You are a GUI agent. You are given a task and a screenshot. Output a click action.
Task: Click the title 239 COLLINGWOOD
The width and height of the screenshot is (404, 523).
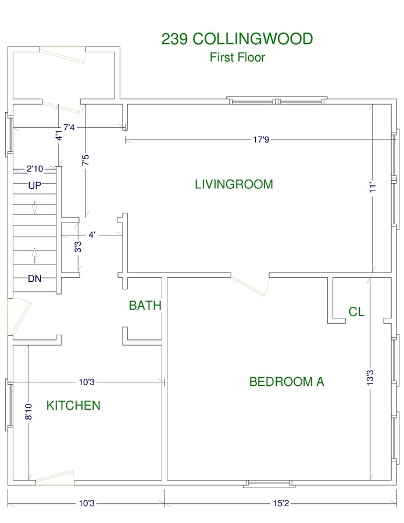[x=237, y=39]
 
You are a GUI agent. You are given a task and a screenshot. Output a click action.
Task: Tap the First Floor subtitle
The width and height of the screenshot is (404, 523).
[x=237, y=57]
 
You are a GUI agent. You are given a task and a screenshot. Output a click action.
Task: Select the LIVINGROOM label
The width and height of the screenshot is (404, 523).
[x=234, y=184]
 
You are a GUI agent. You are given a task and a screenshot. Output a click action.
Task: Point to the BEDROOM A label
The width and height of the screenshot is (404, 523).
[x=287, y=381]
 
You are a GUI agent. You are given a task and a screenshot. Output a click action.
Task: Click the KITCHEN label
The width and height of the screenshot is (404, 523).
[x=73, y=405]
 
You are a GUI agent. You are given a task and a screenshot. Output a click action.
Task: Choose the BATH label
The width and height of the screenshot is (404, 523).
[x=145, y=305]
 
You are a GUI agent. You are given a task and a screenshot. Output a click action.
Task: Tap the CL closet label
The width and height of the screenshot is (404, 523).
[x=356, y=311]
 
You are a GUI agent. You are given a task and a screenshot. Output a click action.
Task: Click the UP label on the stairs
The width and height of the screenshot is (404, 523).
[x=35, y=185]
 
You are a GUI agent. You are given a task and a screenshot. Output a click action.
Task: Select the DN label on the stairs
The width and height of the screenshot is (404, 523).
[x=35, y=278]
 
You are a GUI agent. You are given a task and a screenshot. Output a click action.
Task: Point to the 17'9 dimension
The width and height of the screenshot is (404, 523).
[x=261, y=139]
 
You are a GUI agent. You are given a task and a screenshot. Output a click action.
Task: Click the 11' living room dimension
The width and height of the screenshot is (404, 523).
[x=373, y=187]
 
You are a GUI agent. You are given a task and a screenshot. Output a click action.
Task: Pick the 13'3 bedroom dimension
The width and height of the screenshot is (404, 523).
[x=370, y=378]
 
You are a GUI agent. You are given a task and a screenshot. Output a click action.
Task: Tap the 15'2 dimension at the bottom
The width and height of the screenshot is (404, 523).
[x=281, y=503]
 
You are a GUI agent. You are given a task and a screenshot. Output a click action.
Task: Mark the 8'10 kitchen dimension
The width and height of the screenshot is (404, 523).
[x=28, y=411]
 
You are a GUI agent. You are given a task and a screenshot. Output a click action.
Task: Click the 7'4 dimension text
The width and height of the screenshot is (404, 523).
[x=69, y=127]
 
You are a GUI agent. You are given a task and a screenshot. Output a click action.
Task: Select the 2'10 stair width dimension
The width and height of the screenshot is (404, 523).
[x=35, y=169]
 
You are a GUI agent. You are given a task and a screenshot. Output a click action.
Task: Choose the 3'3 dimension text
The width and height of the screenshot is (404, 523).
[x=78, y=247]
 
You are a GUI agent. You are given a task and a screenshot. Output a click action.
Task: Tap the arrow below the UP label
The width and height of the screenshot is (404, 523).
[x=34, y=207]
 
